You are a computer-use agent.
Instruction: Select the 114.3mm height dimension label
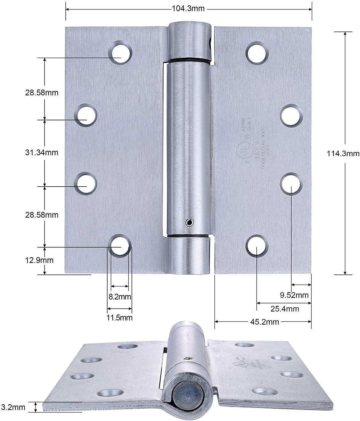coord(343,154)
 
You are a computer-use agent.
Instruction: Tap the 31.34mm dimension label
coord(42,153)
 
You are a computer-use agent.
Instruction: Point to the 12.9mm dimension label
coord(39,260)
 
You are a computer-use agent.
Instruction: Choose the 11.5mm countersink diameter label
coord(120,318)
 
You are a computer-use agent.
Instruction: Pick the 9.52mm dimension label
coord(294,295)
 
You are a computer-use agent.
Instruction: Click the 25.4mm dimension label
coord(285,309)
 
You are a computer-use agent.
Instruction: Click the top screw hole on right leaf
coord(257,53)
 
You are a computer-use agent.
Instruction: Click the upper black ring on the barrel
coord(188,59)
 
